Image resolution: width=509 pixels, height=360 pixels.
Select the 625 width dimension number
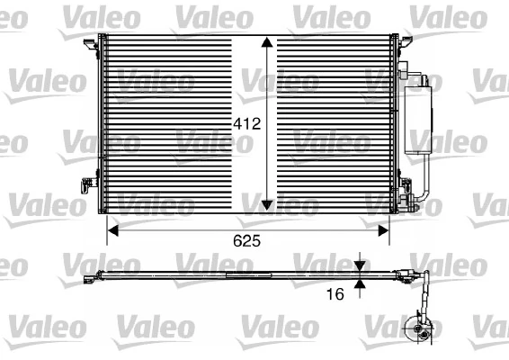[247, 241]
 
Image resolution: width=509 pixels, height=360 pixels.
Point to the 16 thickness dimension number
[335, 292]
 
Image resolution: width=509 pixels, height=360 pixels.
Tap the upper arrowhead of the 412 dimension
[266, 43]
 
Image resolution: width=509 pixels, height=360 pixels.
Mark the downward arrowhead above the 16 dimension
[361, 267]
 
